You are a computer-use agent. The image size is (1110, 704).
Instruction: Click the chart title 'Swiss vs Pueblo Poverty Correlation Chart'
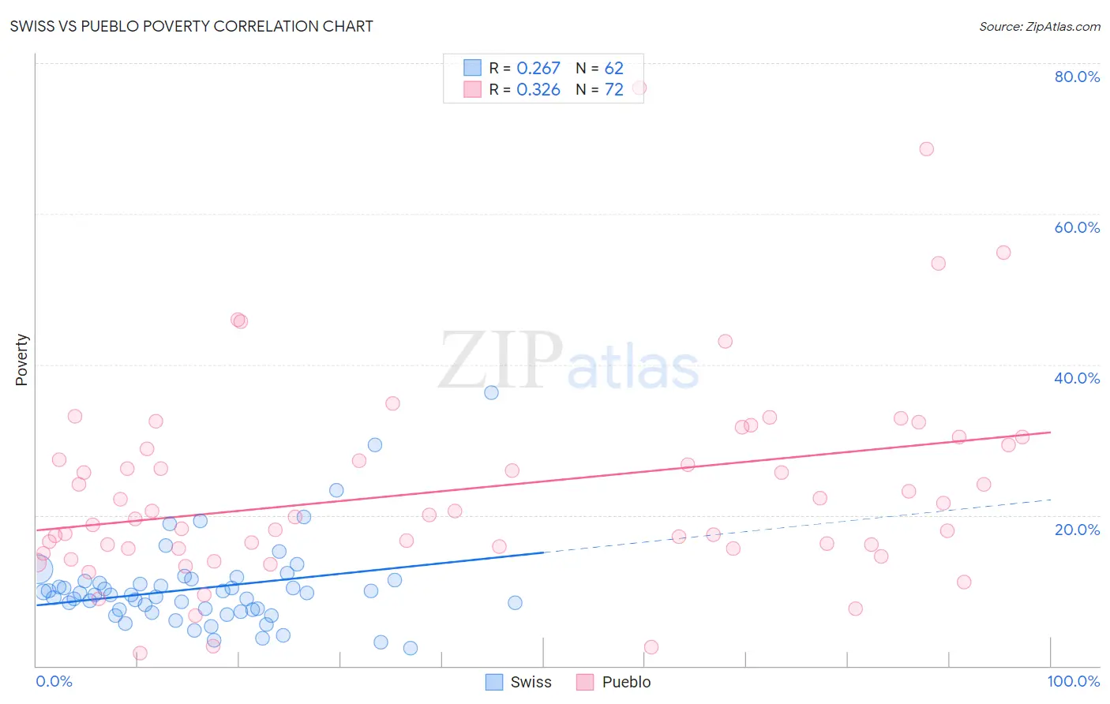(191, 26)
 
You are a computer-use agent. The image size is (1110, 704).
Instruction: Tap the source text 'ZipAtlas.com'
(1063, 27)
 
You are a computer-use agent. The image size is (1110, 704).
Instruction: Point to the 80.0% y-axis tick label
(1077, 77)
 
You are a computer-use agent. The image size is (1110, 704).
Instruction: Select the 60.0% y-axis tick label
(1077, 227)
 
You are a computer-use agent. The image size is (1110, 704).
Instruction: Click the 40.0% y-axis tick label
(1077, 378)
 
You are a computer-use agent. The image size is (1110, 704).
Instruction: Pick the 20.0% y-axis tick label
(1077, 530)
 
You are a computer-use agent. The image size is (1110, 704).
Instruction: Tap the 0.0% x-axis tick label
(54, 681)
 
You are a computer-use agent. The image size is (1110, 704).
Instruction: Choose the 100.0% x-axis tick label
(1073, 681)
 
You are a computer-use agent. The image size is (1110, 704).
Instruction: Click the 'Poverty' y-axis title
(21, 360)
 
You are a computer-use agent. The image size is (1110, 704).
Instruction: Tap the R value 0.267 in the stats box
(538, 69)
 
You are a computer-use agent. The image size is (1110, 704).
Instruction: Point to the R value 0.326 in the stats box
(538, 90)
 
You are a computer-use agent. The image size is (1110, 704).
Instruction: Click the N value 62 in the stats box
(613, 69)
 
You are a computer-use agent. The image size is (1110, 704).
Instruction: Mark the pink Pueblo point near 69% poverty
(926, 149)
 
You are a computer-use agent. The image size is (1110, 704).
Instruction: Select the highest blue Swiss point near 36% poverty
(491, 392)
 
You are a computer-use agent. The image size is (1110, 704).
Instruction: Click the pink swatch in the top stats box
(472, 89)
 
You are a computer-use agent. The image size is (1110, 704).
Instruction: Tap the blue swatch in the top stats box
(472, 68)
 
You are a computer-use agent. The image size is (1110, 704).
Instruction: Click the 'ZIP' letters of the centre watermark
(500, 361)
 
